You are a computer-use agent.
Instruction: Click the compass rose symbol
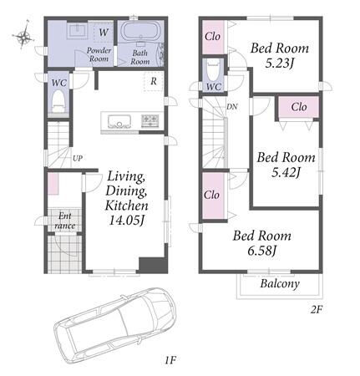[x=23, y=36]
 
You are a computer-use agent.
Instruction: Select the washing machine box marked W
[x=104, y=32]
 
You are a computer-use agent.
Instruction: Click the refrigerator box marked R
[x=153, y=81]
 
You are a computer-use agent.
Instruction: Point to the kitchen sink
[x=119, y=122]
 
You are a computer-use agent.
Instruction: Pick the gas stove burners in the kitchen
[x=150, y=121]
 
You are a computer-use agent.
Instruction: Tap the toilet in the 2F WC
[x=214, y=71]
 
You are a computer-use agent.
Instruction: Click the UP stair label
[x=78, y=158]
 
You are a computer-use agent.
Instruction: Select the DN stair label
[x=231, y=106]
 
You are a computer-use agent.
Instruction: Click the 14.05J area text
[x=127, y=221]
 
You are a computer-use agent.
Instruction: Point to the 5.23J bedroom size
[x=279, y=64]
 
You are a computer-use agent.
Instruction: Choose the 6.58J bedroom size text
[x=261, y=251]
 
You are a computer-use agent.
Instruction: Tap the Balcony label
[x=280, y=283]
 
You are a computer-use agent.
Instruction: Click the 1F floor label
[x=170, y=360]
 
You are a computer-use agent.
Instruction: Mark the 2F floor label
[x=316, y=309]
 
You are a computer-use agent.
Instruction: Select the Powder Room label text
[x=99, y=54]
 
